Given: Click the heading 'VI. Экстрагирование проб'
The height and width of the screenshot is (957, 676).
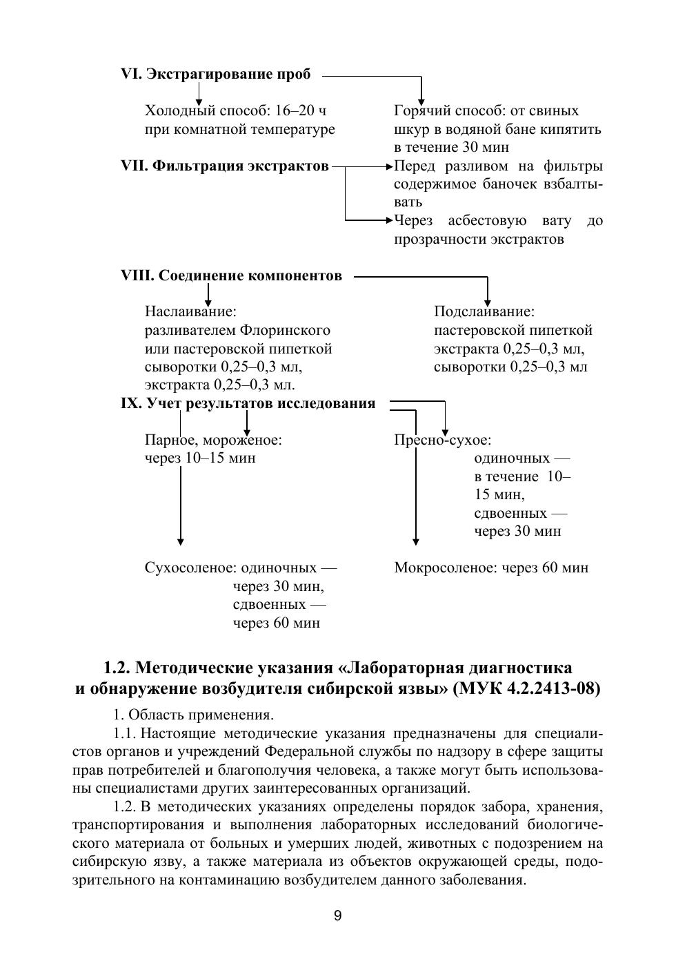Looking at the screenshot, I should (215, 74).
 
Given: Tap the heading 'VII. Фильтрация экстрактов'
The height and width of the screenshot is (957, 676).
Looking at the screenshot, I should (224, 166).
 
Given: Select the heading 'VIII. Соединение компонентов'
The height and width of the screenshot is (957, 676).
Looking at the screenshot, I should (231, 275).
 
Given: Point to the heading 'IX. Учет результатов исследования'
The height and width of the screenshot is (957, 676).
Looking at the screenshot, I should (248, 403).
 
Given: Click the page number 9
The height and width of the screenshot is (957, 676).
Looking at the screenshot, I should (337, 916).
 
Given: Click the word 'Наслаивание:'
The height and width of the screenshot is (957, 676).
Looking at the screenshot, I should (190, 312).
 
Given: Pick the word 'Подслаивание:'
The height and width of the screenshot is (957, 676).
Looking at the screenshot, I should (484, 312).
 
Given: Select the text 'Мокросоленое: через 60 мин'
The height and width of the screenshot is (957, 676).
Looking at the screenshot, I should (491, 568).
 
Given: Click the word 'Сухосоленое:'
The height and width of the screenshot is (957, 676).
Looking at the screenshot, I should (190, 568).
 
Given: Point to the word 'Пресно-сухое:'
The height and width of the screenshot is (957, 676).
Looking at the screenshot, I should (442, 440).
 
